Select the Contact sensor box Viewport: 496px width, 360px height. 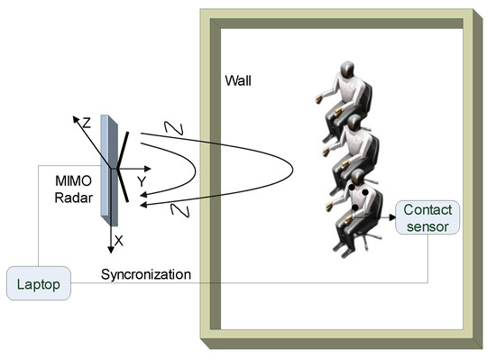click(427, 218)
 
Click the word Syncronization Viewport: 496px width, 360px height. click(146, 274)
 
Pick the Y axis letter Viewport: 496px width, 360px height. click(142, 181)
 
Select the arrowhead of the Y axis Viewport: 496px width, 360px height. click(149, 168)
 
